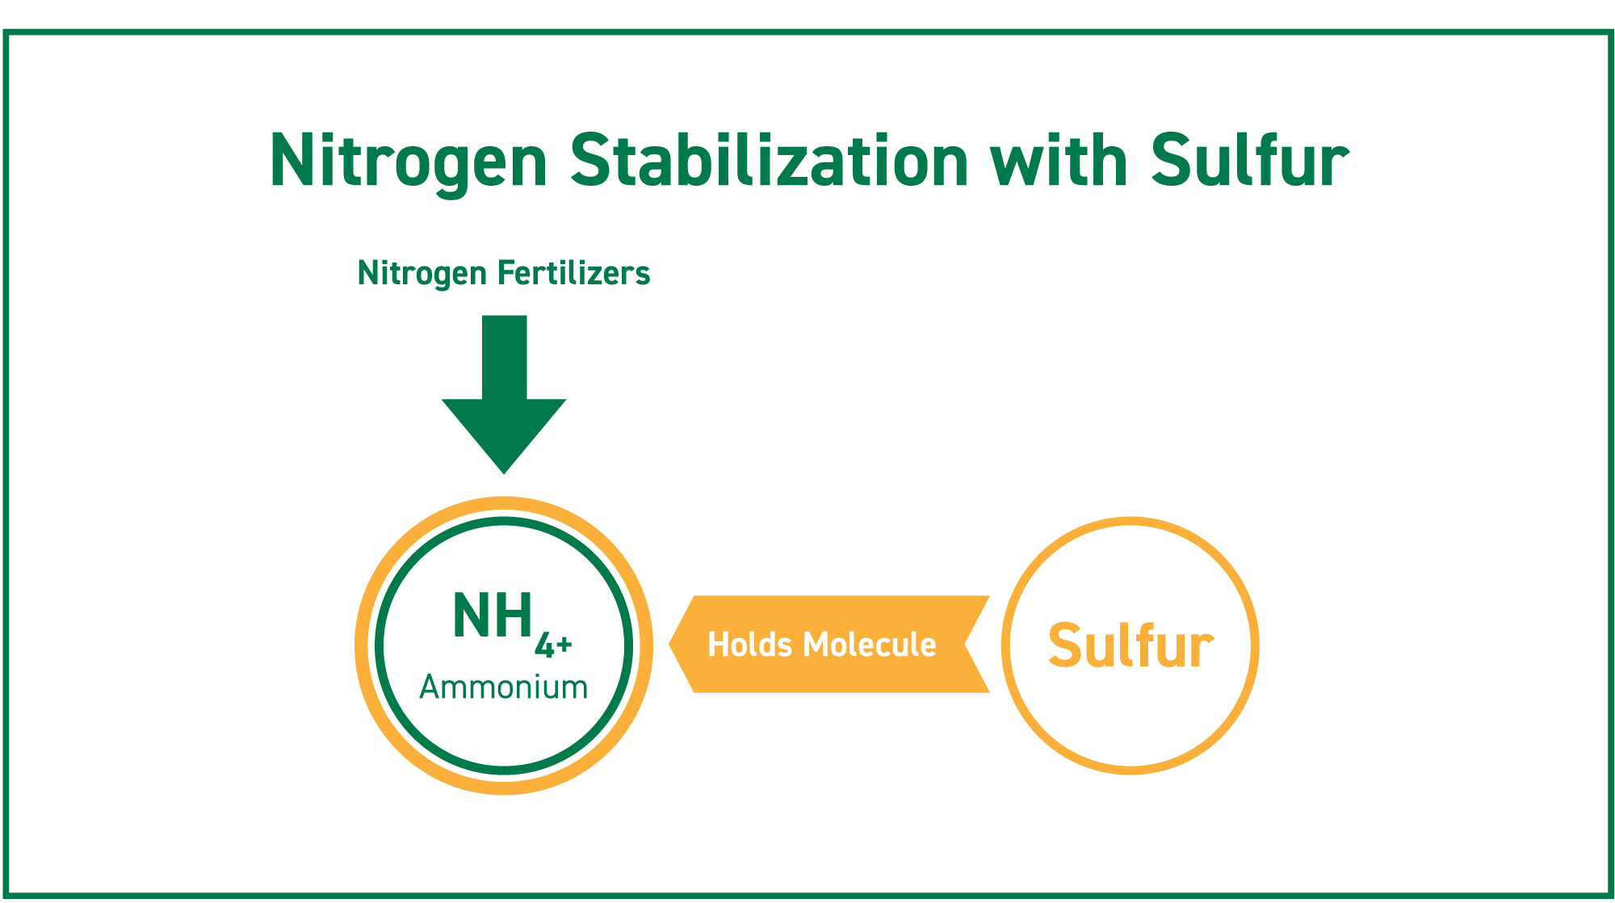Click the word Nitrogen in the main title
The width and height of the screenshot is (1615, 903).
[409, 162]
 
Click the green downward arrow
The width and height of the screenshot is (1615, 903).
[504, 394]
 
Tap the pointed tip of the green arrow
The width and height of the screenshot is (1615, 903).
[504, 474]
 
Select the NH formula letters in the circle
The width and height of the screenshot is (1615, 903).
[493, 615]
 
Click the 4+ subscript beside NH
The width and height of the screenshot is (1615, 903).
[554, 645]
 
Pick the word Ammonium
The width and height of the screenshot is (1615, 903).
[504, 687]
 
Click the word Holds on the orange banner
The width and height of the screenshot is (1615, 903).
[750, 645]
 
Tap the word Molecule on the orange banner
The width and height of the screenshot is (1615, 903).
[870, 645]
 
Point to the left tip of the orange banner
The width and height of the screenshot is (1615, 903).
[669, 645]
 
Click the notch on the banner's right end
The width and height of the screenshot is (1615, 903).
[965, 645]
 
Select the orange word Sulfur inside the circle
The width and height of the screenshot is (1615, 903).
[1130, 646]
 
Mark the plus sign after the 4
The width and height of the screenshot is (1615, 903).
[564, 645]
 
